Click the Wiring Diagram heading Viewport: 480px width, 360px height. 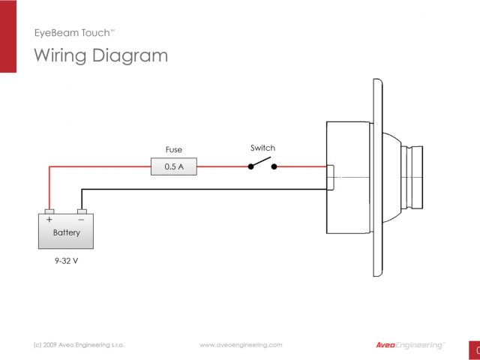tap(101, 55)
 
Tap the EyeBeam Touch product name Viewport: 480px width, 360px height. tap(74, 33)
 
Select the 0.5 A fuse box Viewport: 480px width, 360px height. tap(173, 167)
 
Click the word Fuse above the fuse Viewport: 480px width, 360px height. tap(173, 149)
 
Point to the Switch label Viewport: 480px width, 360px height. tap(262, 148)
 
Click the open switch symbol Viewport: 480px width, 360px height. tap(263, 165)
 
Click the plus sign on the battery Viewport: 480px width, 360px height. tap(49, 220)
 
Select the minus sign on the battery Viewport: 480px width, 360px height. tap(81, 220)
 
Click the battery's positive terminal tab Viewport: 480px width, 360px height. tap(49, 211)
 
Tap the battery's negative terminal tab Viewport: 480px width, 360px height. tap(82, 211)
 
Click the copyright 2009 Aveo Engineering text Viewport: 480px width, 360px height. tap(79, 345)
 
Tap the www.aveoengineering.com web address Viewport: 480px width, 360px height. tap(241, 345)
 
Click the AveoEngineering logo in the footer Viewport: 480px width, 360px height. tap(409, 345)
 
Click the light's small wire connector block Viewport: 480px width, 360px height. tap(330, 178)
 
